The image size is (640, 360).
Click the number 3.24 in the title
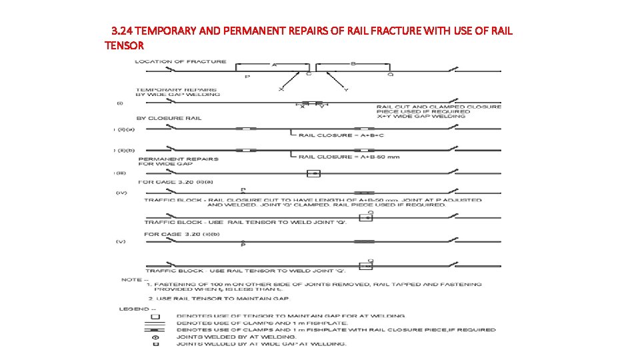(x=121, y=31)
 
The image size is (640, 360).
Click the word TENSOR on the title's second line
(x=124, y=45)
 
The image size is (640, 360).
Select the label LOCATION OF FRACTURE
(x=180, y=61)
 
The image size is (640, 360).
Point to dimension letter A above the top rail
(x=274, y=64)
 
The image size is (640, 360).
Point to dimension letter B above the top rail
(x=353, y=63)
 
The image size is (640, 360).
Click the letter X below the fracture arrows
(x=281, y=89)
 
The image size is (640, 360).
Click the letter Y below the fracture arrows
(x=345, y=89)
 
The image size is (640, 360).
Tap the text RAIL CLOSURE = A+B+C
(x=341, y=135)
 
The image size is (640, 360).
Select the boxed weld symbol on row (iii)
(x=313, y=173)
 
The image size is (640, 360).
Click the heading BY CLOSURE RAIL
(x=169, y=118)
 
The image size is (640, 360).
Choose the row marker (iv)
(x=121, y=193)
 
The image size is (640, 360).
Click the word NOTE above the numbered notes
(x=130, y=279)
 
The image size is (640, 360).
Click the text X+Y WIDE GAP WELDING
(x=421, y=116)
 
